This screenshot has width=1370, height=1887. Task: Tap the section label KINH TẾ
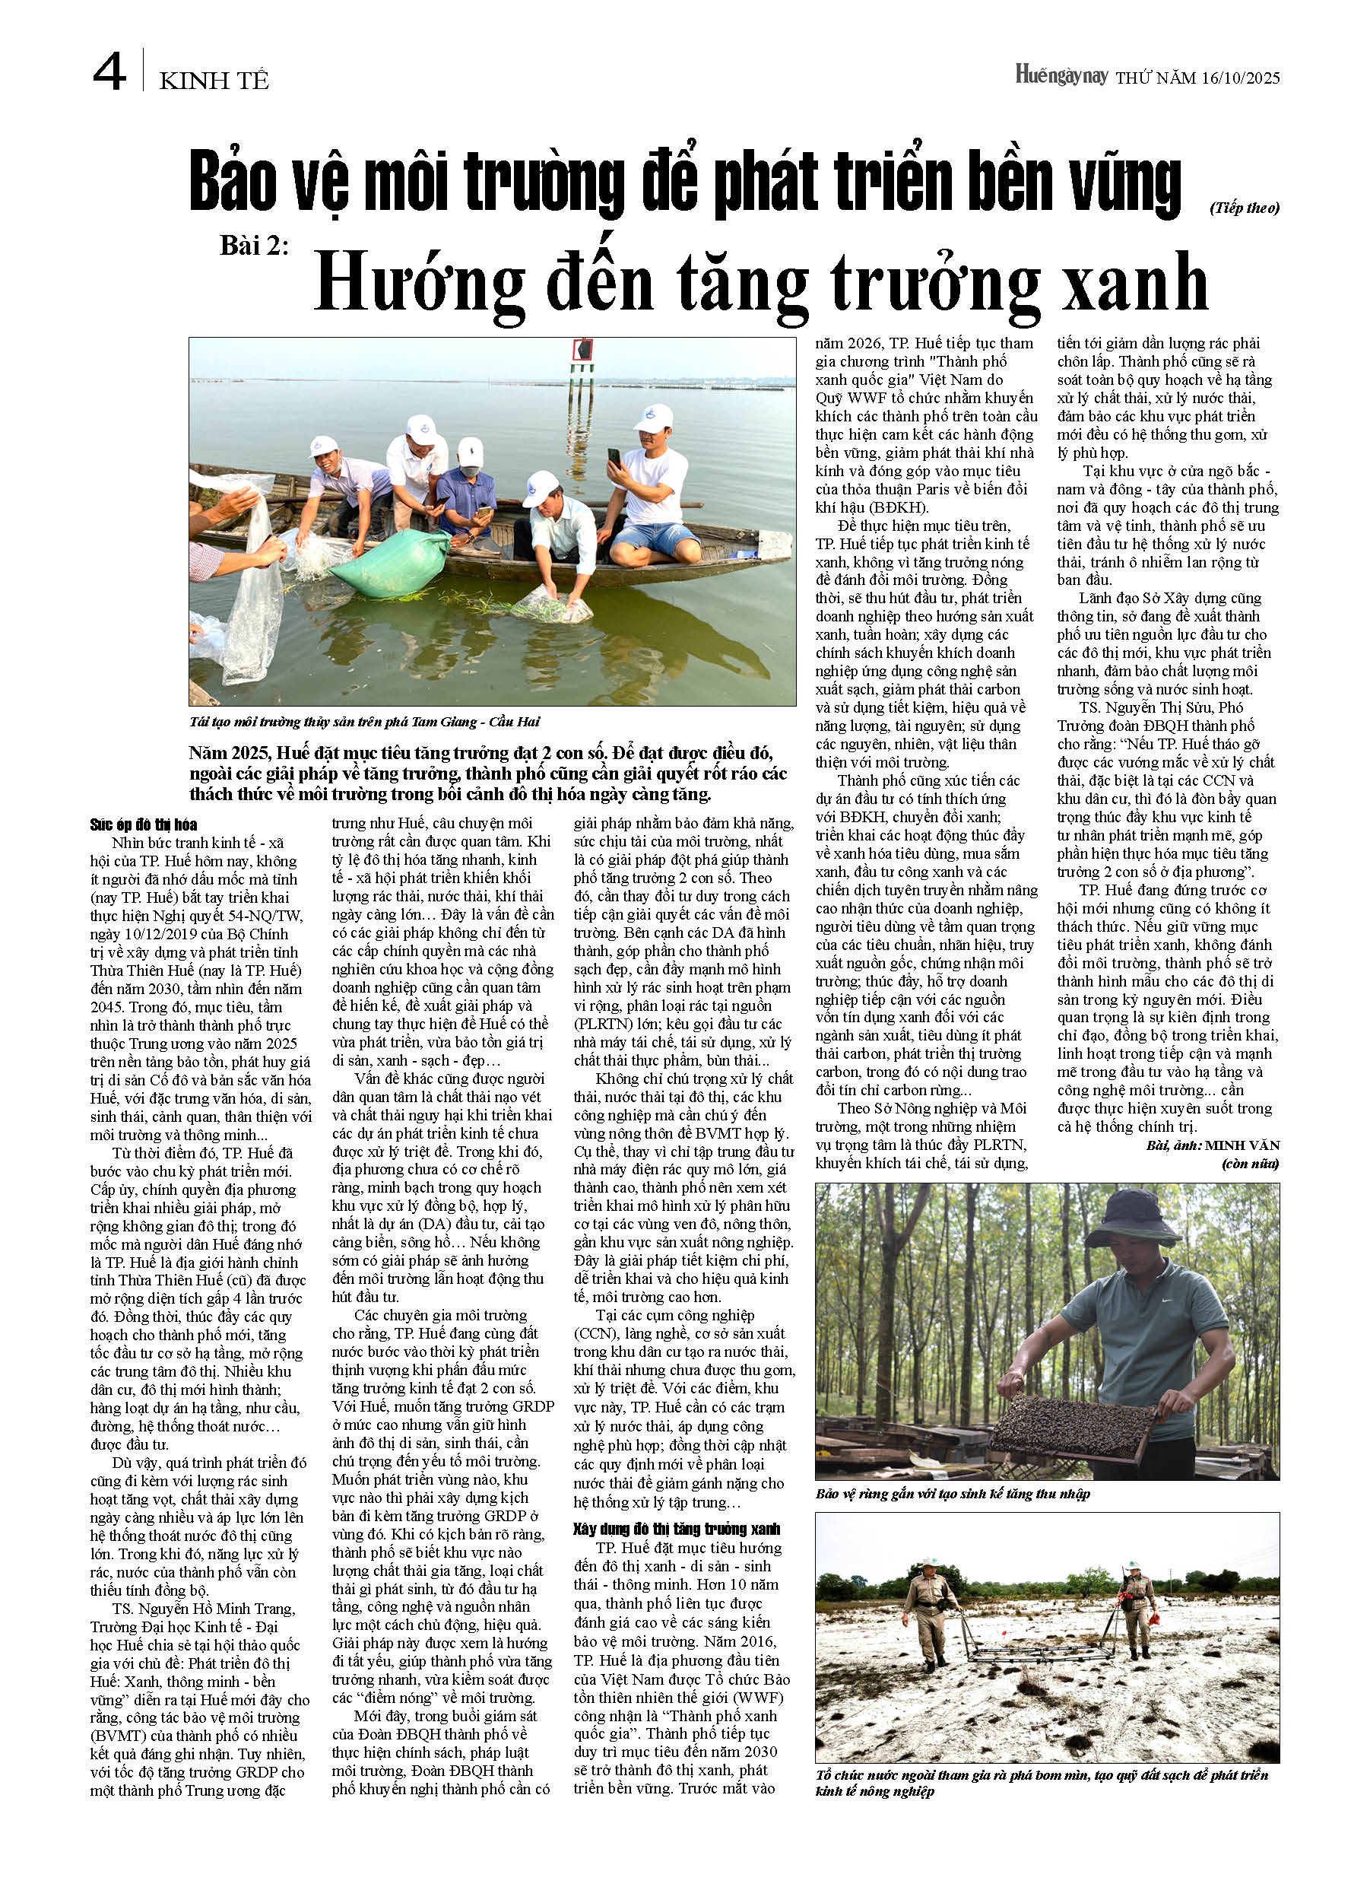pyautogui.click(x=214, y=81)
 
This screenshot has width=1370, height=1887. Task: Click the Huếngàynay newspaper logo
pyautogui.click(x=1061, y=76)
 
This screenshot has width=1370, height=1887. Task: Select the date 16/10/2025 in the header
pyautogui.click(x=1240, y=78)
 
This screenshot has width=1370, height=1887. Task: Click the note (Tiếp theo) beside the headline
pyautogui.click(x=1245, y=208)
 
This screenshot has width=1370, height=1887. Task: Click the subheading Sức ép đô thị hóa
pyautogui.click(x=144, y=824)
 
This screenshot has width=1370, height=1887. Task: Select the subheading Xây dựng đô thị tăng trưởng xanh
pyautogui.click(x=677, y=1530)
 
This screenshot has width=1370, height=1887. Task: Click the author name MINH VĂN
pyautogui.click(x=1242, y=1145)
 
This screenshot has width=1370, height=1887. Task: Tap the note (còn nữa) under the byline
pyautogui.click(x=1250, y=1163)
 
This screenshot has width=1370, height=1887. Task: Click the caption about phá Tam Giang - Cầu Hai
pyautogui.click(x=364, y=721)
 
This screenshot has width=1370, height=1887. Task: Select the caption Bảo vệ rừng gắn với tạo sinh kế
pyautogui.click(x=953, y=1494)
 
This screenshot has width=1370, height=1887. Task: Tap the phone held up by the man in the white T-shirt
pyautogui.click(x=614, y=457)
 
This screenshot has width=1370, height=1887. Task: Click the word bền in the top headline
pyautogui.click(x=1006, y=183)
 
